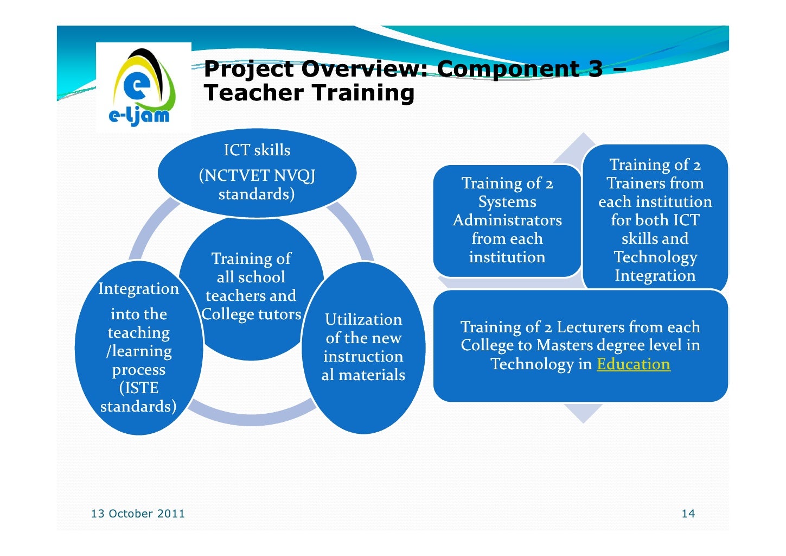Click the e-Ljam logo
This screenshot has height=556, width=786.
(142, 87)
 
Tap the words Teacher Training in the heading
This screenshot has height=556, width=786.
(309, 93)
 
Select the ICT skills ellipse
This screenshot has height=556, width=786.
(257, 173)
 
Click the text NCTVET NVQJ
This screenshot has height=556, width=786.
(257, 175)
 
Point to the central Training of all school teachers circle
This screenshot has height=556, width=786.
(251, 286)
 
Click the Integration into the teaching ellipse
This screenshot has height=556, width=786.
(139, 347)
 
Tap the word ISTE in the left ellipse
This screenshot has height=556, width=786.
(139, 388)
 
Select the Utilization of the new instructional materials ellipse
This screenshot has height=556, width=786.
(363, 347)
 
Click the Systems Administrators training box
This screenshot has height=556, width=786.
(507, 220)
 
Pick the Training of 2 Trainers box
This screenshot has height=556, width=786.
(655, 219)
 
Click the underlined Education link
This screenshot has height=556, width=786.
(633, 364)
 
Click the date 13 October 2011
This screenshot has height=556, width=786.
(138, 514)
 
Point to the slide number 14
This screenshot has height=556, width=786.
(688, 514)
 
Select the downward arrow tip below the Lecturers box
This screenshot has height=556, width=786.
(583, 416)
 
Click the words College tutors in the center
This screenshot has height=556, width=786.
(251, 314)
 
